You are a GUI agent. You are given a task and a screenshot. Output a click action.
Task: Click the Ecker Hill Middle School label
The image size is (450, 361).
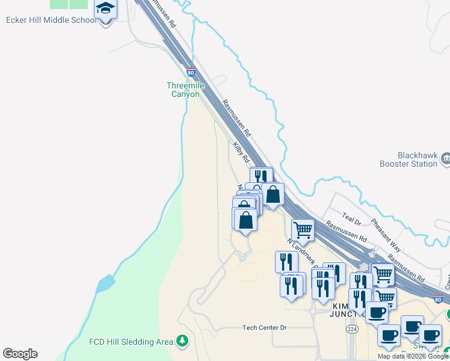tap(51, 20)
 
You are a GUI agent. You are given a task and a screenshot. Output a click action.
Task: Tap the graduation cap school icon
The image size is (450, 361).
tap(105, 8)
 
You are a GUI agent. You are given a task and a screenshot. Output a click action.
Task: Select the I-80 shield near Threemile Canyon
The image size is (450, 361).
tap(191, 72)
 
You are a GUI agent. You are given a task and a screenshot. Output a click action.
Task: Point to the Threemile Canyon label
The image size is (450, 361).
tap(185, 90)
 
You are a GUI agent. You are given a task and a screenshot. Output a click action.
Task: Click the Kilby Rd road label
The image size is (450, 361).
tap(241, 152)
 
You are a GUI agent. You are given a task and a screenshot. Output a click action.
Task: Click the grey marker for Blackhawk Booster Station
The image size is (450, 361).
tap(446, 159)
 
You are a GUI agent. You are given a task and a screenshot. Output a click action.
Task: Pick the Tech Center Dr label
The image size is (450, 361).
tap(265, 327)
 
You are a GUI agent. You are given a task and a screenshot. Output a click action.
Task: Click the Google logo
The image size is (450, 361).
tap(20, 354)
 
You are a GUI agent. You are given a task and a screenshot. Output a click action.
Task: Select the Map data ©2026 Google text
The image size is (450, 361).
tap(412, 356)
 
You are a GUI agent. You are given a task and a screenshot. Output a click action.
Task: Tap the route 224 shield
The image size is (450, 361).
tap(350, 329)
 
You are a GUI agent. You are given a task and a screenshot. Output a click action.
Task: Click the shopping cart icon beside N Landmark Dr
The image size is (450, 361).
tap(302, 229)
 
